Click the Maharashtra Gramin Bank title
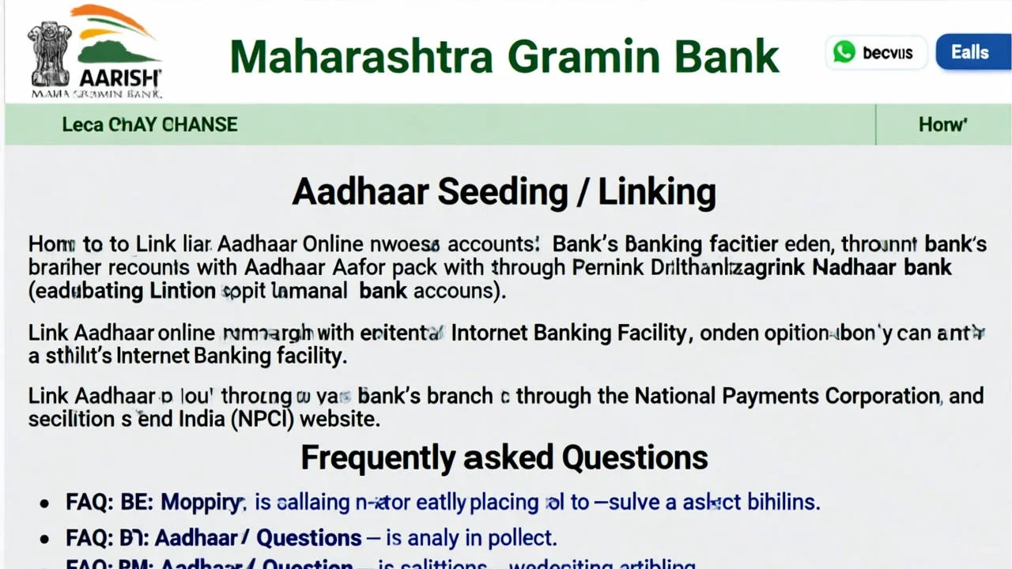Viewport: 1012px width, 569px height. [x=504, y=56]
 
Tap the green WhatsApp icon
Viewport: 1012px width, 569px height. [x=844, y=52]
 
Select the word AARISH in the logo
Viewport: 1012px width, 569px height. [x=119, y=78]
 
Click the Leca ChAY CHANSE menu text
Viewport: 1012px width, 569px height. [x=149, y=125]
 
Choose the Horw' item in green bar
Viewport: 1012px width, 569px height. [x=942, y=125]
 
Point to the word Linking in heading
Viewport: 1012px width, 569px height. [x=656, y=192]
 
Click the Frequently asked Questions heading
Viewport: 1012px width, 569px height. [x=504, y=458]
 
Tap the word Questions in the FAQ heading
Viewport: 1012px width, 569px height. [x=634, y=458]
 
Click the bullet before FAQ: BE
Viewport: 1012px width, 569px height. [x=47, y=503]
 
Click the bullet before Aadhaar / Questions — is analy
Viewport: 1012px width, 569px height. [x=47, y=539]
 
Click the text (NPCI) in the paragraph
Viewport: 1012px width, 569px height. [x=262, y=419]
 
